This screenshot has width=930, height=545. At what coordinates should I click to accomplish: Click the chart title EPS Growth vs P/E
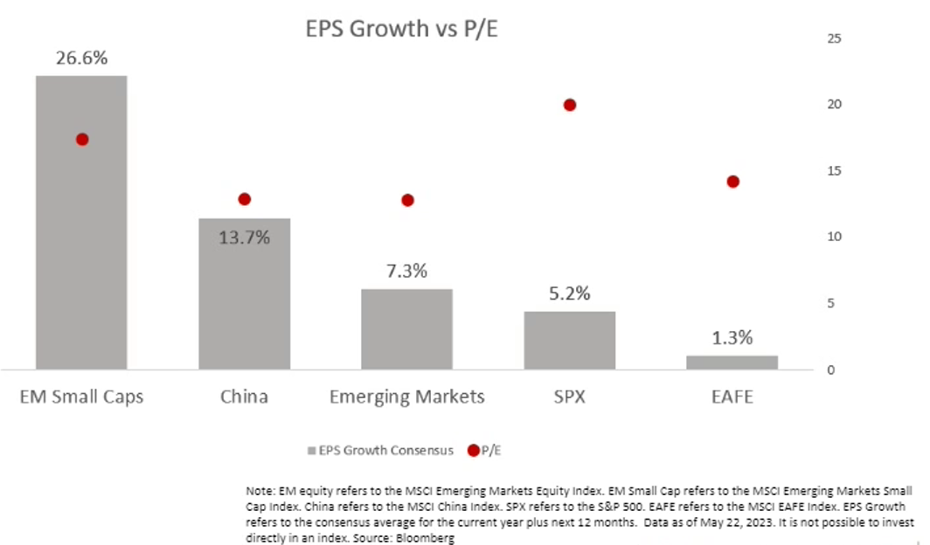pos(406,28)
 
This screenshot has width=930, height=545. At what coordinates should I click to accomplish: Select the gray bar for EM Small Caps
pos(81,262)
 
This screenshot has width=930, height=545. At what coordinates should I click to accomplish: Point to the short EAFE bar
pos(732,362)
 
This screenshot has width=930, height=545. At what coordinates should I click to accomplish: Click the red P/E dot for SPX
pos(570,105)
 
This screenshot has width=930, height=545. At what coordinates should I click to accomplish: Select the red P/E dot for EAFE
pos(732,182)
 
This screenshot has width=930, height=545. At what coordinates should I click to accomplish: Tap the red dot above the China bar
pos(244,199)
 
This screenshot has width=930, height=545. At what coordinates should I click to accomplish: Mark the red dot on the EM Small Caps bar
pos(82,139)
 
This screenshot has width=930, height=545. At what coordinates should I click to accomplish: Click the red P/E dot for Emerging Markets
pos(407,200)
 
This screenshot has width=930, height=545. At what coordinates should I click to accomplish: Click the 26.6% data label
pos(81,59)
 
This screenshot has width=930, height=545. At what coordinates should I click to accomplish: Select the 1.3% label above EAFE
pos(732,338)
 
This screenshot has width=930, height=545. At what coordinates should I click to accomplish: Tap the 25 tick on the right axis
pos(834,38)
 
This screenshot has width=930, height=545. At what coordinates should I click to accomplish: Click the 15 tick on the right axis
pos(834,171)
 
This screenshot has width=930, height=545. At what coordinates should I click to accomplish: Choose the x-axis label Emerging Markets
pos(407,397)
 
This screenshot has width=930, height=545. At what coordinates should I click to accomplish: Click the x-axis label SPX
pos(570,397)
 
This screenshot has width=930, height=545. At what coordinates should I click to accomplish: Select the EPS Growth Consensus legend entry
pos(380,451)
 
